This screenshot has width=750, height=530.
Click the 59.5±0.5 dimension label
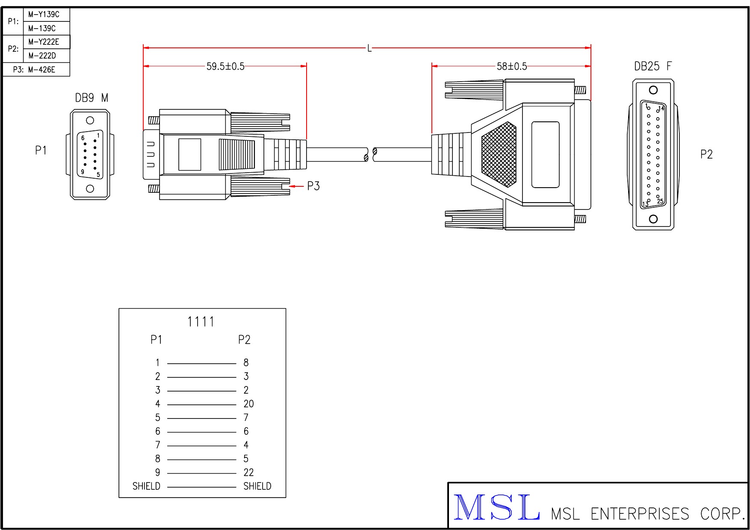[x=225, y=66]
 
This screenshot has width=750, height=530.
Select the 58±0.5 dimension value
[x=512, y=66]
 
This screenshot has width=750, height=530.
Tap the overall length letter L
[x=369, y=48]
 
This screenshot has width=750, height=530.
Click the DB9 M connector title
[x=92, y=98]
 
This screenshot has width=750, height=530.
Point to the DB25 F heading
[x=653, y=66]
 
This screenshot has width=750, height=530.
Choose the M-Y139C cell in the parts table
[x=44, y=15]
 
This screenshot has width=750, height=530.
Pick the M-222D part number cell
[x=42, y=56]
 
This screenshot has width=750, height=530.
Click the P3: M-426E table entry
[x=34, y=70]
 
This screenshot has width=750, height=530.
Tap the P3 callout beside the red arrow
[x=313, y=186]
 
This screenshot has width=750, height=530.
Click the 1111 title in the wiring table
[x=201, y=321]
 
